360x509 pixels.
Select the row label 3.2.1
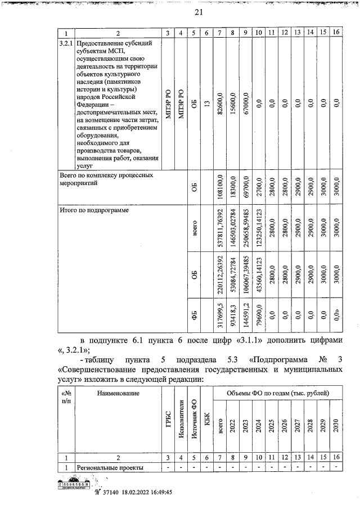66,42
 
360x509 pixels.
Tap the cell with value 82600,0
220,103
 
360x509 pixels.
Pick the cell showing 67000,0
246,103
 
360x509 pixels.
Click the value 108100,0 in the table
220,190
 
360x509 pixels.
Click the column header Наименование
118,393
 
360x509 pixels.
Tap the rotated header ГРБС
168,427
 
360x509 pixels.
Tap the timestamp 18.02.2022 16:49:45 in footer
142,492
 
